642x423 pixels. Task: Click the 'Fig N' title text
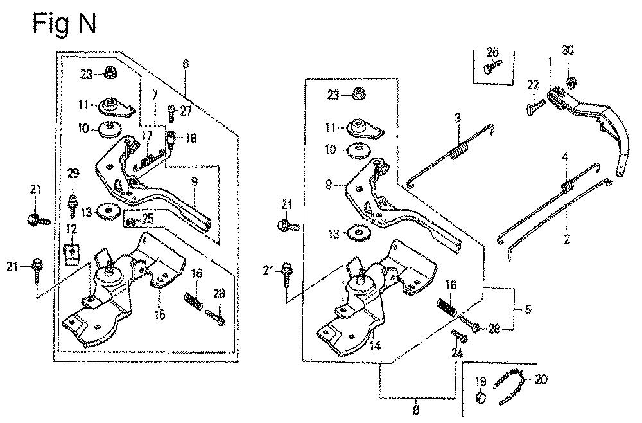[x=64, y=24]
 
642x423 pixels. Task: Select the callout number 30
[x=568, y=50]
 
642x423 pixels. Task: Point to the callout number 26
[x=492, y=52]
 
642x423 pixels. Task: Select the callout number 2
[x=567, y=239]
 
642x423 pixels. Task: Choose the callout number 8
[x=416, y=410]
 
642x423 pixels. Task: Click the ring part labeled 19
[x=481, y=397]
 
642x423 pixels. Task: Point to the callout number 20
[x=541, y=380]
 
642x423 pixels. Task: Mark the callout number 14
[x=375, y=346]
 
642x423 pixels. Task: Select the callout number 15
[x=160, y=314]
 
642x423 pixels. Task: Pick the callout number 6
[x=186, y=64]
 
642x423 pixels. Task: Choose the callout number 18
[x=191, y=138]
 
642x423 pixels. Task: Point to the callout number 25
[x=148, y=218]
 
